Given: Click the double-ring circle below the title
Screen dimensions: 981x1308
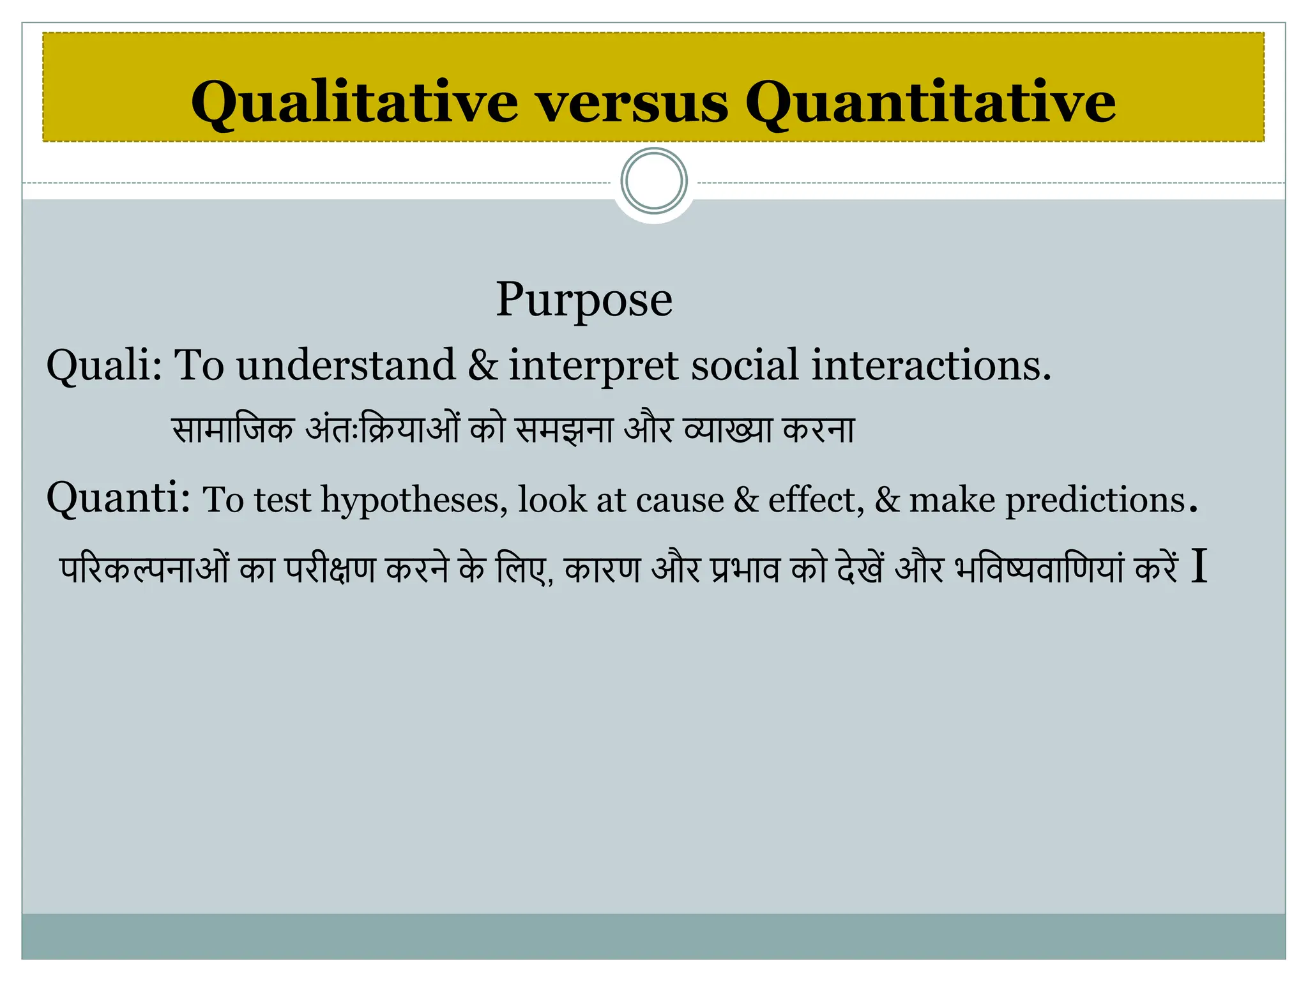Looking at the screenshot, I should (654, 181).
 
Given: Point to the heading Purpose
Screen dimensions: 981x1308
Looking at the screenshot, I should (584, 300).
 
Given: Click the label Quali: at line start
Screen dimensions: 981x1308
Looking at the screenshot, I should (104, 366).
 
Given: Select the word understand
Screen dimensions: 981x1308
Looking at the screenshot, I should (346, 366).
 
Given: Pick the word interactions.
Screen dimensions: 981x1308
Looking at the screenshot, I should (931, 366).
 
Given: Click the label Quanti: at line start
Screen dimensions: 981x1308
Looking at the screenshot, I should (118, 498).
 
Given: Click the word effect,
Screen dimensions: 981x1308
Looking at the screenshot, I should (816, 500).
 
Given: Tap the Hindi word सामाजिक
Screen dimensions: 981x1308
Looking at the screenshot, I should (233, 429).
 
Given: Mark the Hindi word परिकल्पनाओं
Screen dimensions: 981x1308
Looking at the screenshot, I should (144, 568).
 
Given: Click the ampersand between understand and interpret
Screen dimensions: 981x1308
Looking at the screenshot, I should (482, 366).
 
